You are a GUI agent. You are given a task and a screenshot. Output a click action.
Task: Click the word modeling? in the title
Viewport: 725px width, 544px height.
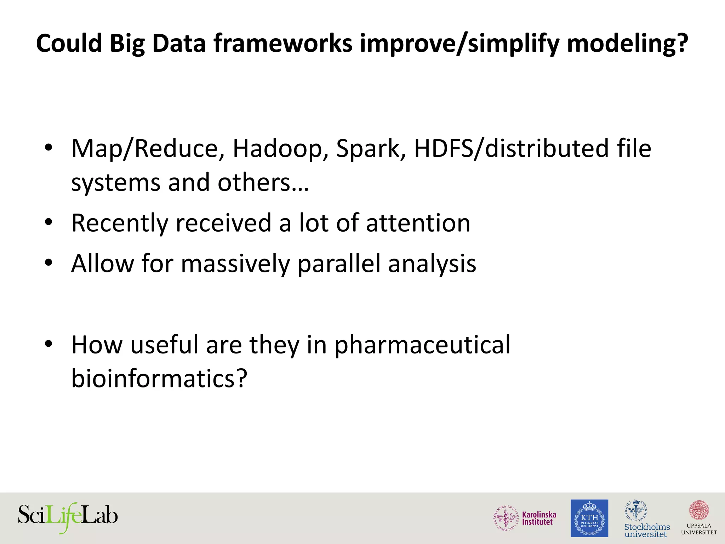point(628,44)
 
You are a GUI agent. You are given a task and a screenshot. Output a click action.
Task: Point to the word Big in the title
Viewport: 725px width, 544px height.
point(127,44)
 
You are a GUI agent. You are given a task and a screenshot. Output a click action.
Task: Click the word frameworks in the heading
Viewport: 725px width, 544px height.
point(283,44)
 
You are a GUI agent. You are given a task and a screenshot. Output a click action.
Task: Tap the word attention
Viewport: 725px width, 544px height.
point(418,223)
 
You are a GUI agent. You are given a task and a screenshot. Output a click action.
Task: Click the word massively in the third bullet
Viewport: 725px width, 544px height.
point(235,264)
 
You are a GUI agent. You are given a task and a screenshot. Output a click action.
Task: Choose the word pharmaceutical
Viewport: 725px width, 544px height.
point(422,345)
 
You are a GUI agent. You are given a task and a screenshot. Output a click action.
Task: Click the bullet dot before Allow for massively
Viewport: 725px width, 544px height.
point(48,263)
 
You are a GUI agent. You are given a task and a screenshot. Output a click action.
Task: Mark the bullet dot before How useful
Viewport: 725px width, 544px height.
point(48,344)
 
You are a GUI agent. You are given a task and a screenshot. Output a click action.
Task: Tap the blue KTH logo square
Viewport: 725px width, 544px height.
point(589,518)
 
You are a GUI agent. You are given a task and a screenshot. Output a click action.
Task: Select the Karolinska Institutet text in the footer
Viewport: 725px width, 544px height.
point(539,518)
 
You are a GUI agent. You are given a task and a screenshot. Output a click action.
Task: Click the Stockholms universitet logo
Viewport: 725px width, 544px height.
point(646,519)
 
